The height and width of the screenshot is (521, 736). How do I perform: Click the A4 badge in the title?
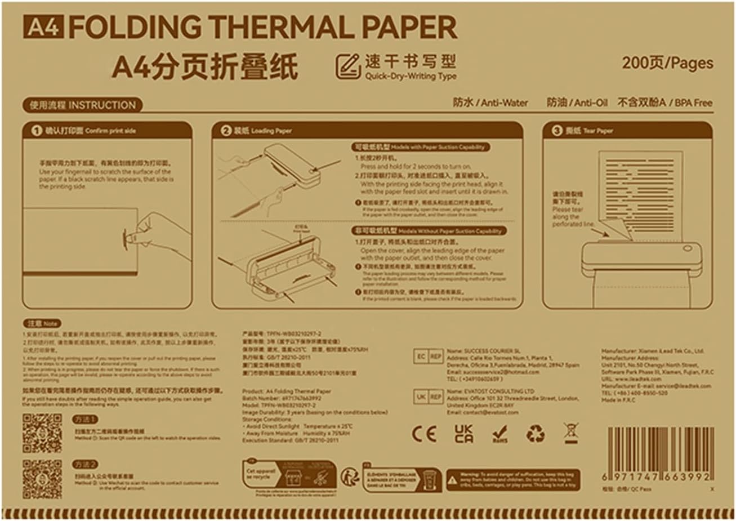(43, 26)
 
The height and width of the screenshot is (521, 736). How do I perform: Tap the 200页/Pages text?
(667, 63)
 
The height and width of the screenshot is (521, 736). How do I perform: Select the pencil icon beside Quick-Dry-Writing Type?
(348, 67)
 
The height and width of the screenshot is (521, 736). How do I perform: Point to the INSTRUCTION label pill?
(82, 105)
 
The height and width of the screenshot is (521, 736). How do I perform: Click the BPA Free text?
(693, 103)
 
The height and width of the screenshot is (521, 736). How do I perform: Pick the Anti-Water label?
(490, 103)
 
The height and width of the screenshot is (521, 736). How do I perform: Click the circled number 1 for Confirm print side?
(36, 131)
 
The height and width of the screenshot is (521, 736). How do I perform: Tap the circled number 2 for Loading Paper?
(225, 131)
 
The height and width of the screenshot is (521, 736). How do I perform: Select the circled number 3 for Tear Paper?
(556, 131)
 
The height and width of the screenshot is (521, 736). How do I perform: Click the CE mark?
(424, 434)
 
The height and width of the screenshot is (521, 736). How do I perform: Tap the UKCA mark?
(463, 434)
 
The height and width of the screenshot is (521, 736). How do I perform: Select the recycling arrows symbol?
(535, 434)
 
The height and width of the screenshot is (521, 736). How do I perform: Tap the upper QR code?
(42, 433)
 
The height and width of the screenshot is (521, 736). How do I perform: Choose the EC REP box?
(429, 357)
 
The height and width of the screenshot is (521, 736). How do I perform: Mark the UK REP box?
(429, 397)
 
